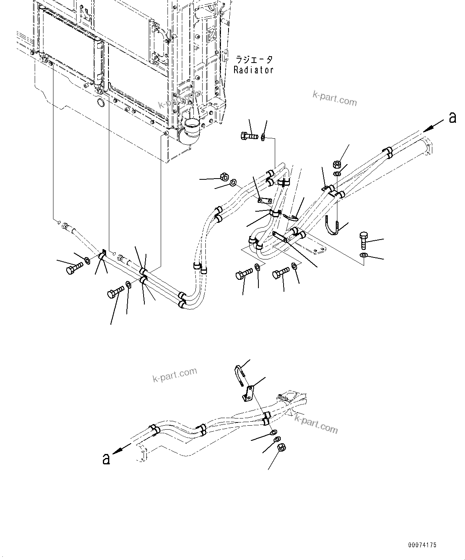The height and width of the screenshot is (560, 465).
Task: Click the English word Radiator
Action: pos(253,70)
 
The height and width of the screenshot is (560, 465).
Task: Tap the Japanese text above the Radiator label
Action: pos(254,60)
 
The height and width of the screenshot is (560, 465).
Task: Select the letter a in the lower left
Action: pos(106,458)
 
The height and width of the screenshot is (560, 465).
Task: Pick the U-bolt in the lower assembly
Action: pos(238,375)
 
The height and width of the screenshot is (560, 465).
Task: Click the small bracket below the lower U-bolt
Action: pos(249,393)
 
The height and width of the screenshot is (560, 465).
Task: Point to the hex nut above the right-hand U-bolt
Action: pos(336,163)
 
